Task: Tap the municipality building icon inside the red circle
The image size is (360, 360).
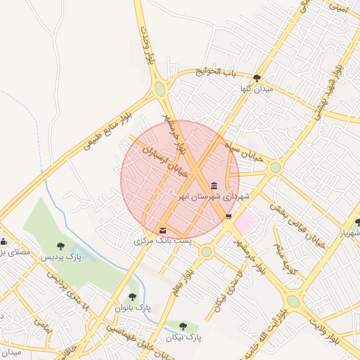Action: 213,186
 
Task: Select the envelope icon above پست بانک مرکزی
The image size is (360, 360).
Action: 163,230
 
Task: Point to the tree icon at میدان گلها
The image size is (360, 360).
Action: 257,78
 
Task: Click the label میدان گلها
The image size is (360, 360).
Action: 256,89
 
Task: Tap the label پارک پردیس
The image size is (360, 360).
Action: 60,257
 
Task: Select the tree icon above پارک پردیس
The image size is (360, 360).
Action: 61,246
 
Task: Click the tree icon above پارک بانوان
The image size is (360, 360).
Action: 132,297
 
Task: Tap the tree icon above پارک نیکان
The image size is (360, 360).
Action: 184,327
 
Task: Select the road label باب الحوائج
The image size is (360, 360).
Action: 219,72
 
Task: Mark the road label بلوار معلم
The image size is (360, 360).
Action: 181,274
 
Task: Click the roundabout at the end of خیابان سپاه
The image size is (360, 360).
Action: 275,167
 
